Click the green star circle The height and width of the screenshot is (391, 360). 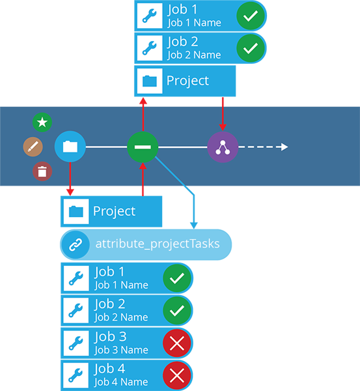pyautogui.click(x=42, y=123)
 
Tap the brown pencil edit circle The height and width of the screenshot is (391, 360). pyautogui.click(x=33, y=147)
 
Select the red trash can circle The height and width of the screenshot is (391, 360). pyautogui.click(x=42, y=171)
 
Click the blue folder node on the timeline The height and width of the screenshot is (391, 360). pyautogui.click(x=70, y=147)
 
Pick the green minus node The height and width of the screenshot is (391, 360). pyautogui.click(x=143, y=147)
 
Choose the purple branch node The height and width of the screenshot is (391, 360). pyautogui.click(x=223, y=147)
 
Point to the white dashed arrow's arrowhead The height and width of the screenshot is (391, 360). pyautogui.click(x=284, y=147)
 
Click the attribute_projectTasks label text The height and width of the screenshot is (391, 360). pyautogui.click(x=158, y=244)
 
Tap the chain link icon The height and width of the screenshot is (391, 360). pyautogui.click(x=76, y=244)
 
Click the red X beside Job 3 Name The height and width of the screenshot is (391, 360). pyautogui.click(x=177, y=343)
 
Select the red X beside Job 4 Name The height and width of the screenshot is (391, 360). pyautogui.click(x=177, y=375)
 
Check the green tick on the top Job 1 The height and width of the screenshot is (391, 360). pyautogui.click(x=251, y=16)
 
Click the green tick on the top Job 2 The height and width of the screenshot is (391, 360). pyautogui.click(x=251, y=48)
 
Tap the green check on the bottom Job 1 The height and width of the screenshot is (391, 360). pyautogui.click(x=177, y=278)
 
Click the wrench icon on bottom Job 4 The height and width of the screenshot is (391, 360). pyautogui.click(x=76, y=375)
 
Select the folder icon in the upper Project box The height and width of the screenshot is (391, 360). pyautogui.click(x=150, y=81)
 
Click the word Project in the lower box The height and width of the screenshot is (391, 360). pyautogui.click(x=114, y=212)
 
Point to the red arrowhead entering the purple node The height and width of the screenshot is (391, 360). pyautogui.click(x=223, y=128)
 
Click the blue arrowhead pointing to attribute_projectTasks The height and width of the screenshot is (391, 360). pyautogui.click(x=194, y=225)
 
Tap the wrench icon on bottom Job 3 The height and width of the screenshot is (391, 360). pyautogui.click(x=76, y=343)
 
